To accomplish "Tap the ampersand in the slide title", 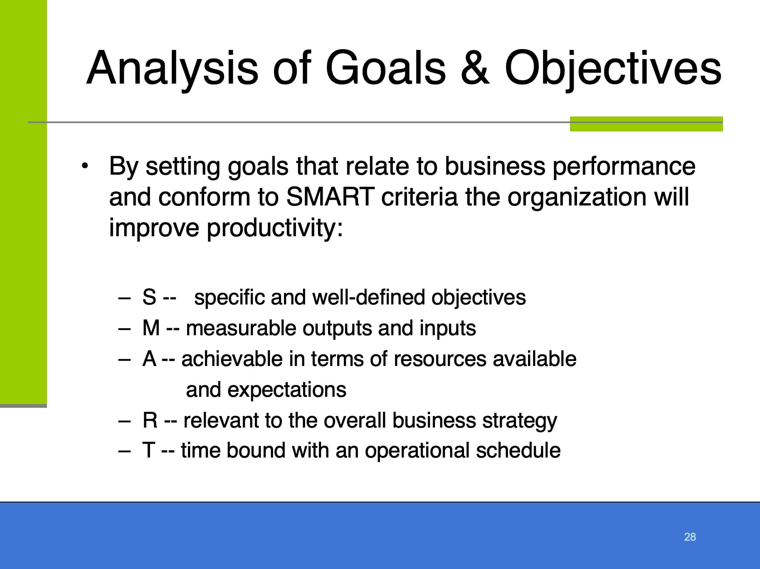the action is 475,68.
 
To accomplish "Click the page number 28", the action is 690,537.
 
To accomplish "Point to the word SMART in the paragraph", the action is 331,197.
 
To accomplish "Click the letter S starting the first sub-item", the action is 149,297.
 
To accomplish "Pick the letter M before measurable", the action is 151,328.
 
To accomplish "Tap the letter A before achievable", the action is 149,359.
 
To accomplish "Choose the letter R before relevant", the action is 150,420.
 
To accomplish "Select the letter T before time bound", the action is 149,450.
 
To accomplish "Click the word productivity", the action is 274,229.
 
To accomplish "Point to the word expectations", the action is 287,390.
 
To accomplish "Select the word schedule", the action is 518,450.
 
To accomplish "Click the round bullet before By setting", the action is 85,166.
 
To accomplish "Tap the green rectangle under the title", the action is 646,124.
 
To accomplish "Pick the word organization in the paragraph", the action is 577,198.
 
